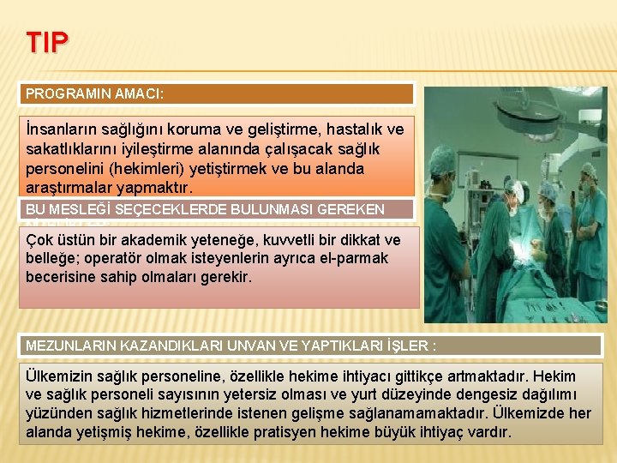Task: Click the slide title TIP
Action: pyautogui.click(x=48, y=43)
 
